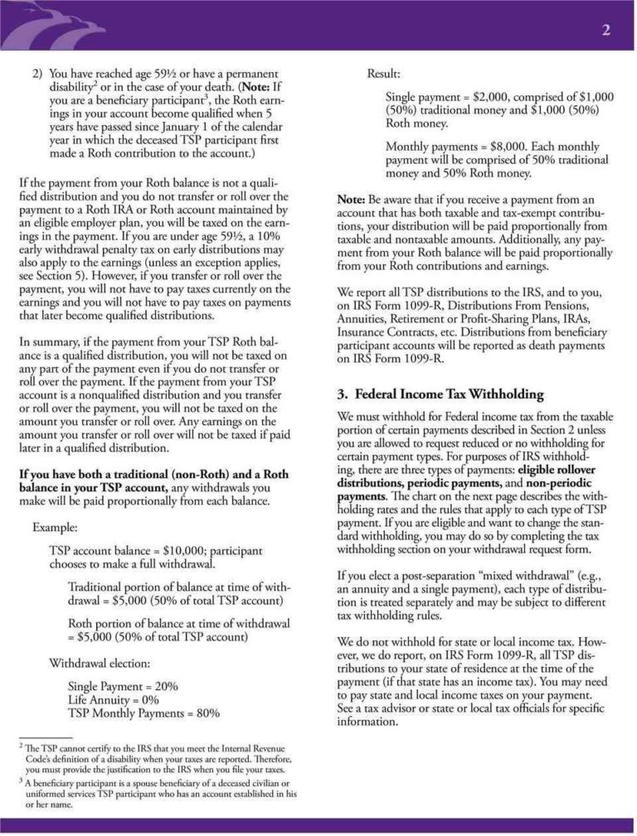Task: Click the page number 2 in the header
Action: click(x=605, y=31)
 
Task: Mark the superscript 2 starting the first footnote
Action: click(x=21, y=746)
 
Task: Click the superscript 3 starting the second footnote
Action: click(x=21, y=780)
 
